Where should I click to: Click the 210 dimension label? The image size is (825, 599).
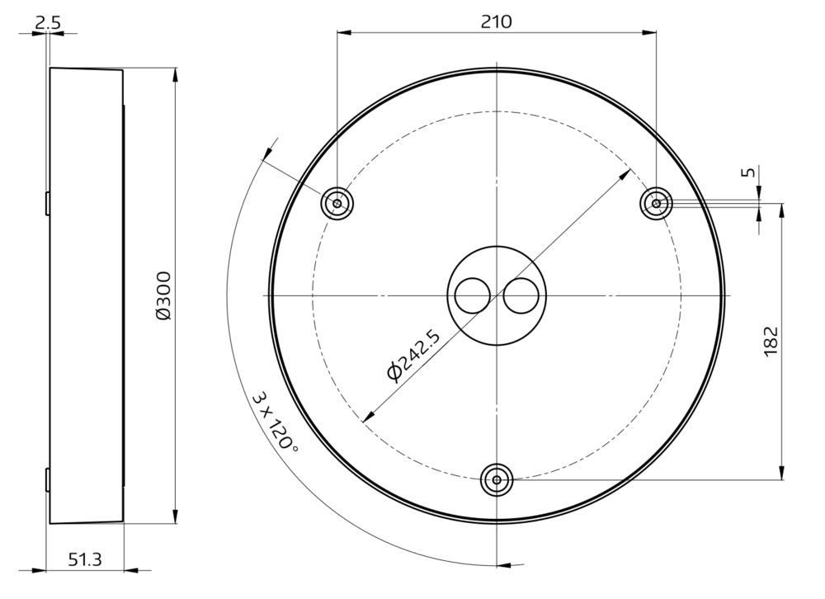pyautogui.click(x=496, y=21)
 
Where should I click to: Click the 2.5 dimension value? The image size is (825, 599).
pyautogui.click(x=48, y=22)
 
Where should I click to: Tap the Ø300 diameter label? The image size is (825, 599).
pyautogui.click(x=163, y=295)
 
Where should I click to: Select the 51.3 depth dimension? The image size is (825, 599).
pyautogui.click(x=85, y=559)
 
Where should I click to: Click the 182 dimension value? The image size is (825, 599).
pyautogui.click(x=771, y=341)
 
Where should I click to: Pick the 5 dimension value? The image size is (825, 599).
pyautogui.click(x=749, y=172)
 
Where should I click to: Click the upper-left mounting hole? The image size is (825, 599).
pyautogui.click(x=337, y=203)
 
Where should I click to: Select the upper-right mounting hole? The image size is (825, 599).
pyautogui.click(x=656, y=203)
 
